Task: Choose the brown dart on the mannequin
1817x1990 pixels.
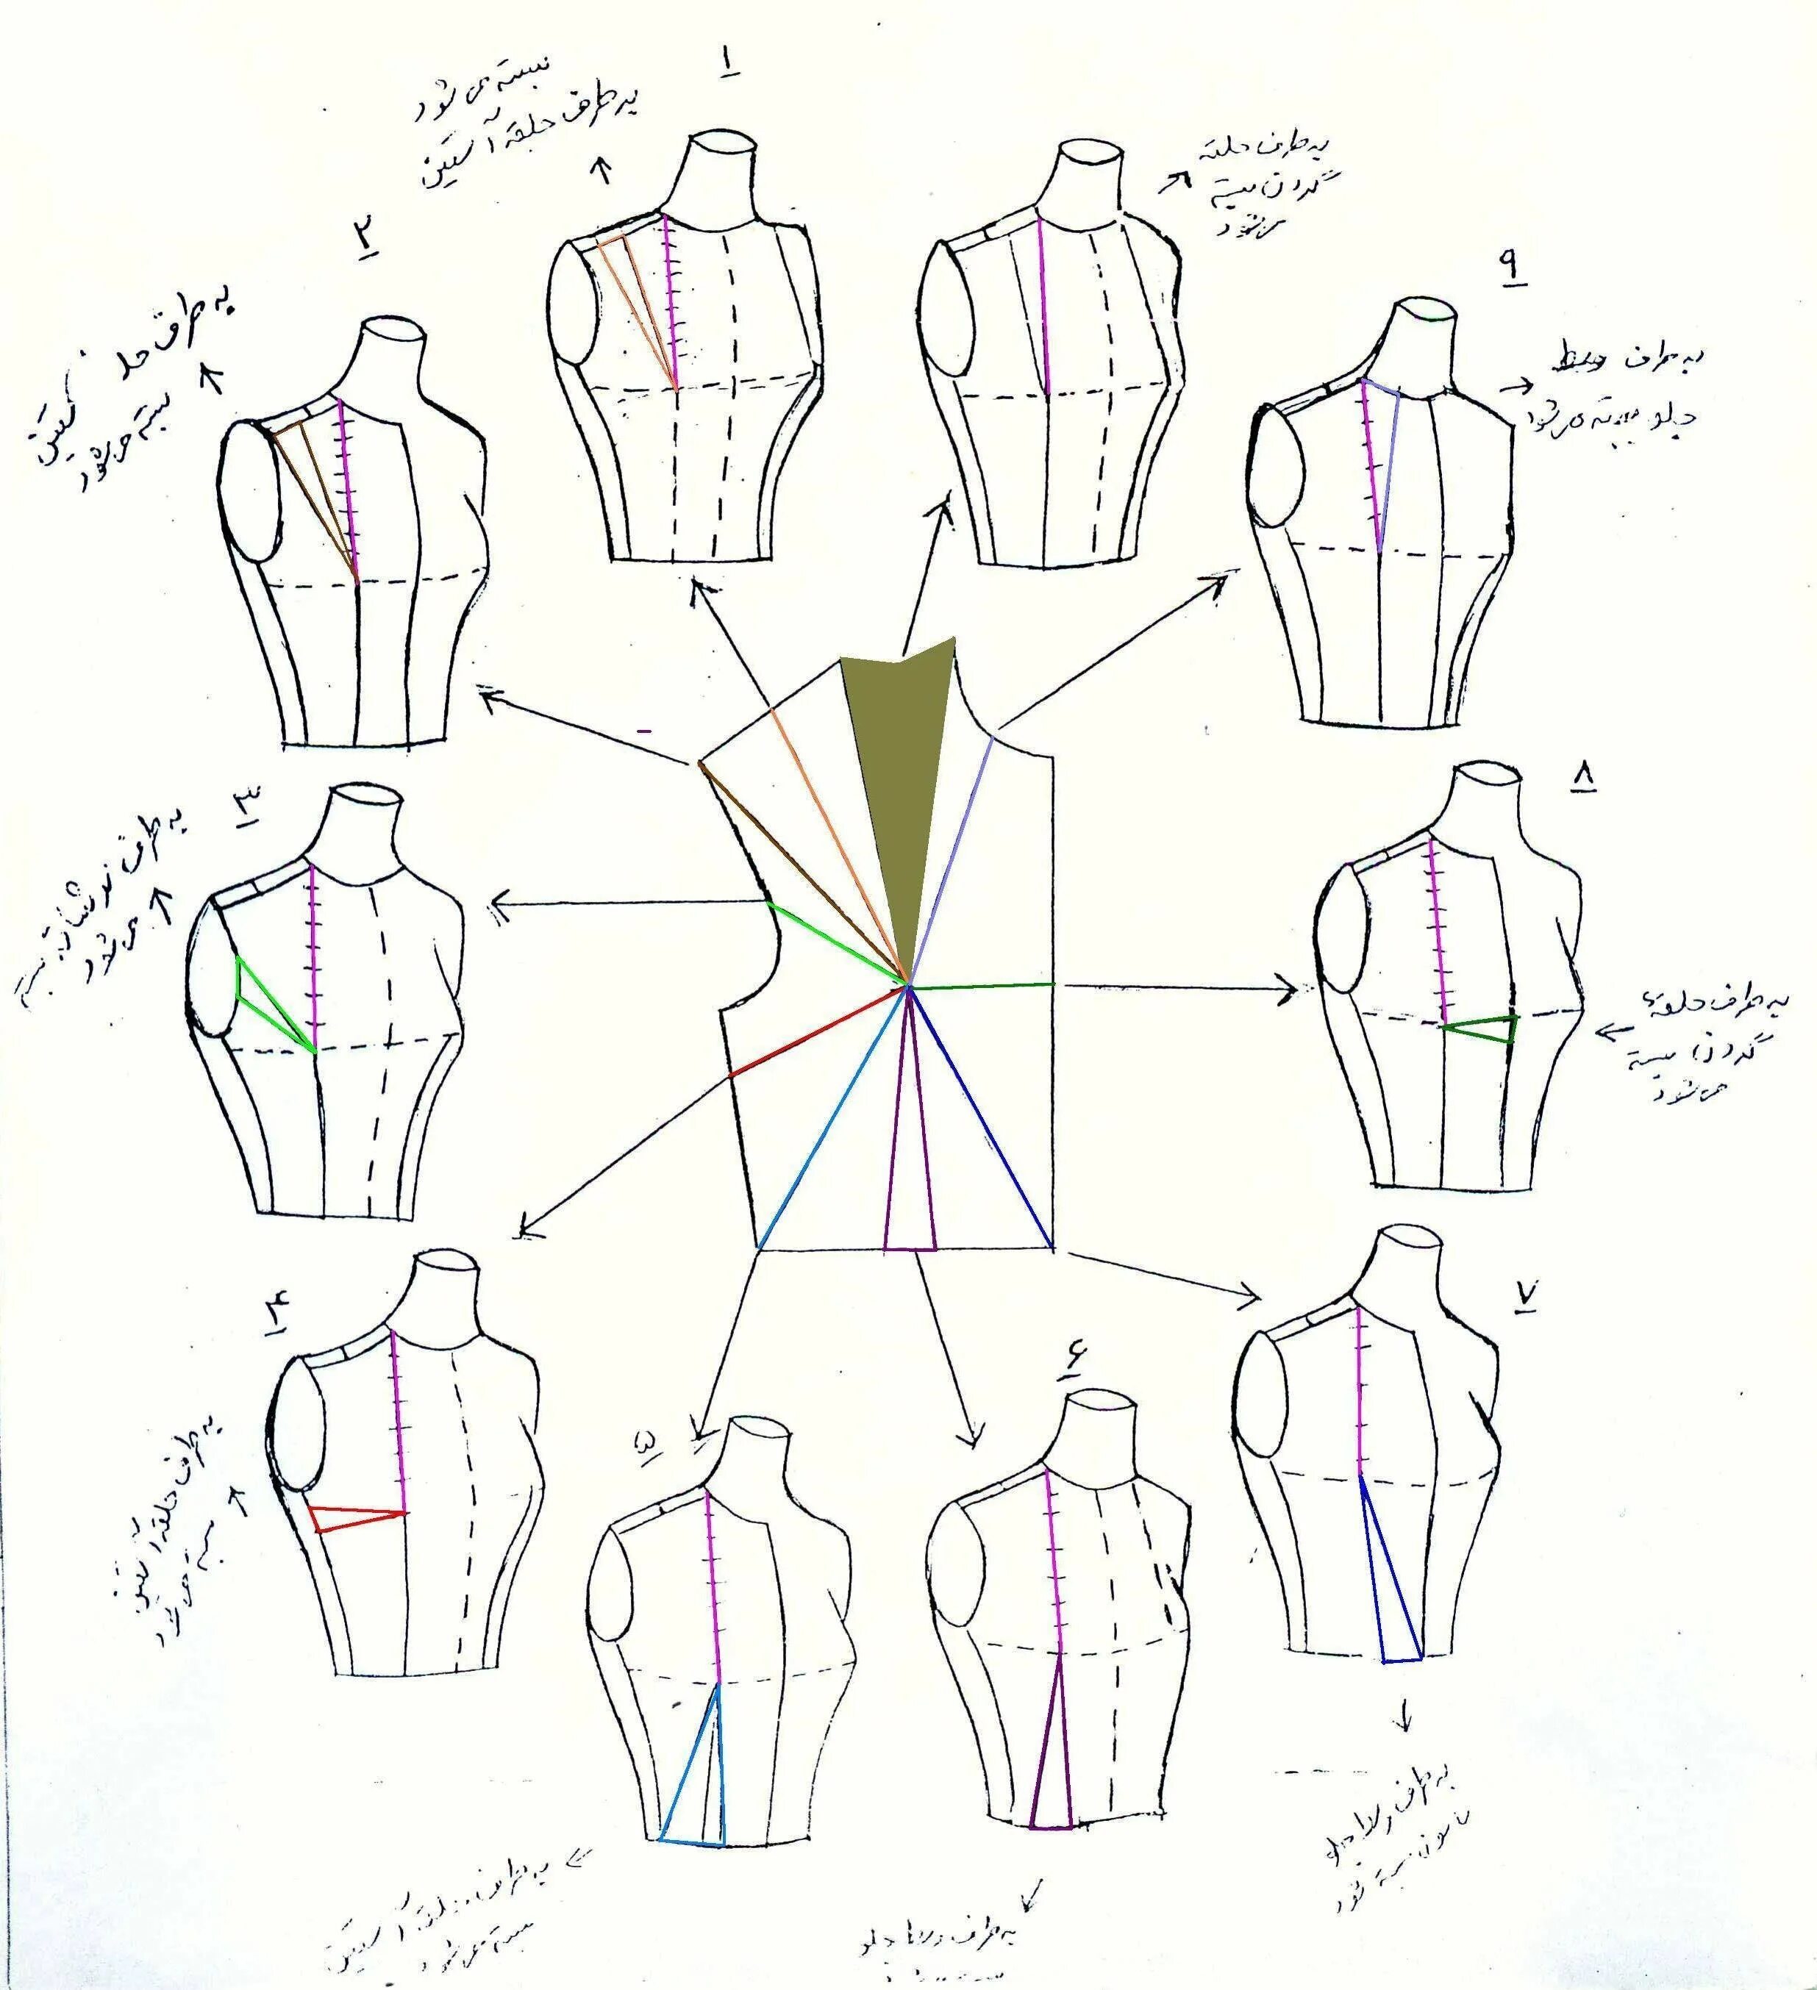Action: (314, 484)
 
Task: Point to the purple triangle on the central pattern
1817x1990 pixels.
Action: (910, 1164)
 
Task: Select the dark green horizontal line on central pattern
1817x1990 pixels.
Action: (982, 985)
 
